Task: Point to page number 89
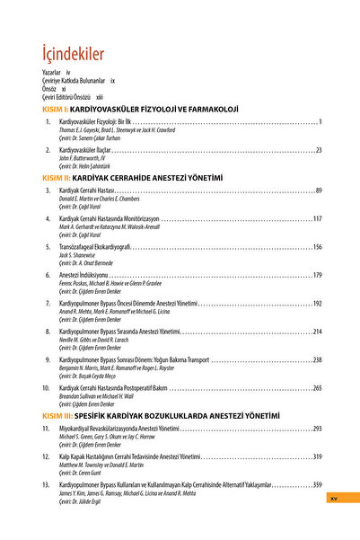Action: pos(318,190)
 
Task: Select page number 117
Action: pos(317,218)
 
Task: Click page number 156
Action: pos(317,246)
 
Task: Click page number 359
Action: pos(317,484)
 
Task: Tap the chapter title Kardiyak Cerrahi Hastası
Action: pos(87,190)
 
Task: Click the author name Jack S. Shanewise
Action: pos(77,254)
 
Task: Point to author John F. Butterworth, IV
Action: pos(83,157)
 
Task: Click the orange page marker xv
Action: pos(333,497)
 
